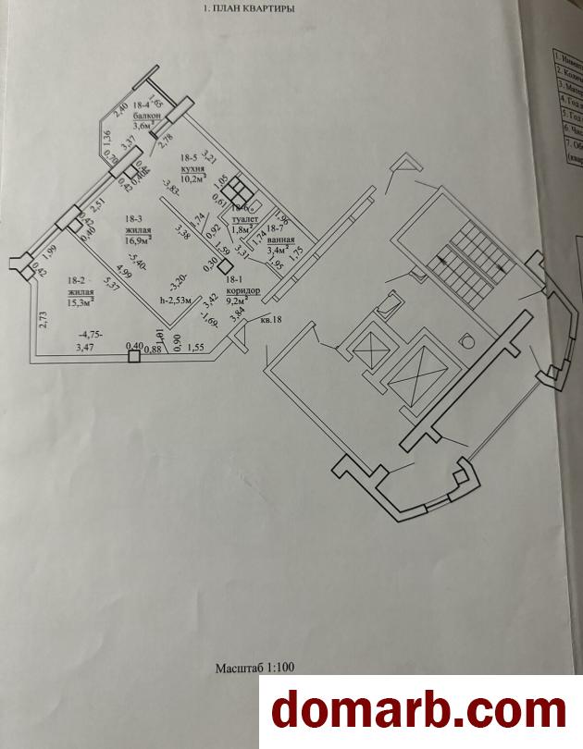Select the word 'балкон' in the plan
[146, 117]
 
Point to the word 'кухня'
[192, 166]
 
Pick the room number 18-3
[132, 220]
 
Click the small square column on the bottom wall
[134, 355]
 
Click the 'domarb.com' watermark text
[417, 711]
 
